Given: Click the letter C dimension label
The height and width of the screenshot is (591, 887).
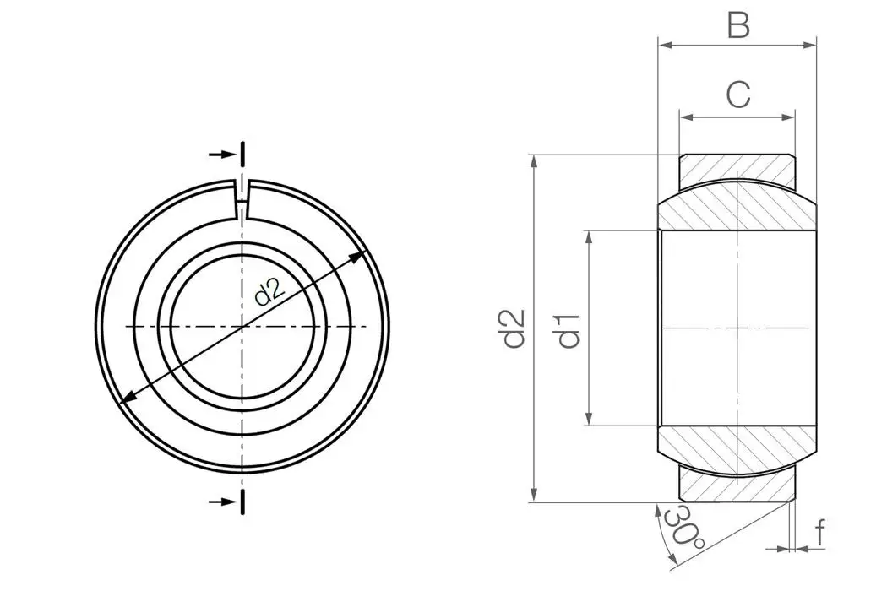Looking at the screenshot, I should point(738,95).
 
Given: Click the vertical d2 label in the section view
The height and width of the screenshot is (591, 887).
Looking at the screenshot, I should point(514,328).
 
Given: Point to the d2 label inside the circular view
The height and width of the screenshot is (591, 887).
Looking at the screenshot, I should point(270,292).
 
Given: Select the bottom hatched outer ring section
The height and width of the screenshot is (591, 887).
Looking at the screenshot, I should point(737,486).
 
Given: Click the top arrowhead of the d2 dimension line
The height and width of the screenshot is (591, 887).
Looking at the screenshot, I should point(534,161).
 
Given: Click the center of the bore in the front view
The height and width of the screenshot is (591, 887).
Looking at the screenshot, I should point(243,326).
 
